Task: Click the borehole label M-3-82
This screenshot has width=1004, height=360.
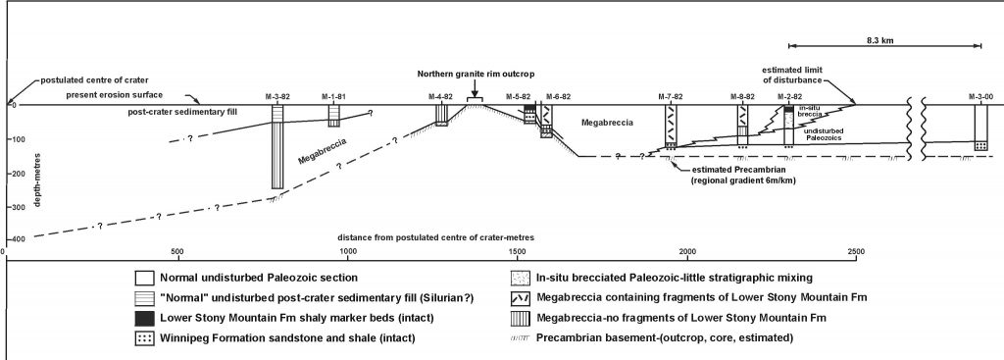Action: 278,96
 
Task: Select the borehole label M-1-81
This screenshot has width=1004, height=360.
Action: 334,96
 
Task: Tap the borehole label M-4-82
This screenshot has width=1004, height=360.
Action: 441,96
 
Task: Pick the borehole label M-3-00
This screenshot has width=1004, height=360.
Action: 979,96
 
